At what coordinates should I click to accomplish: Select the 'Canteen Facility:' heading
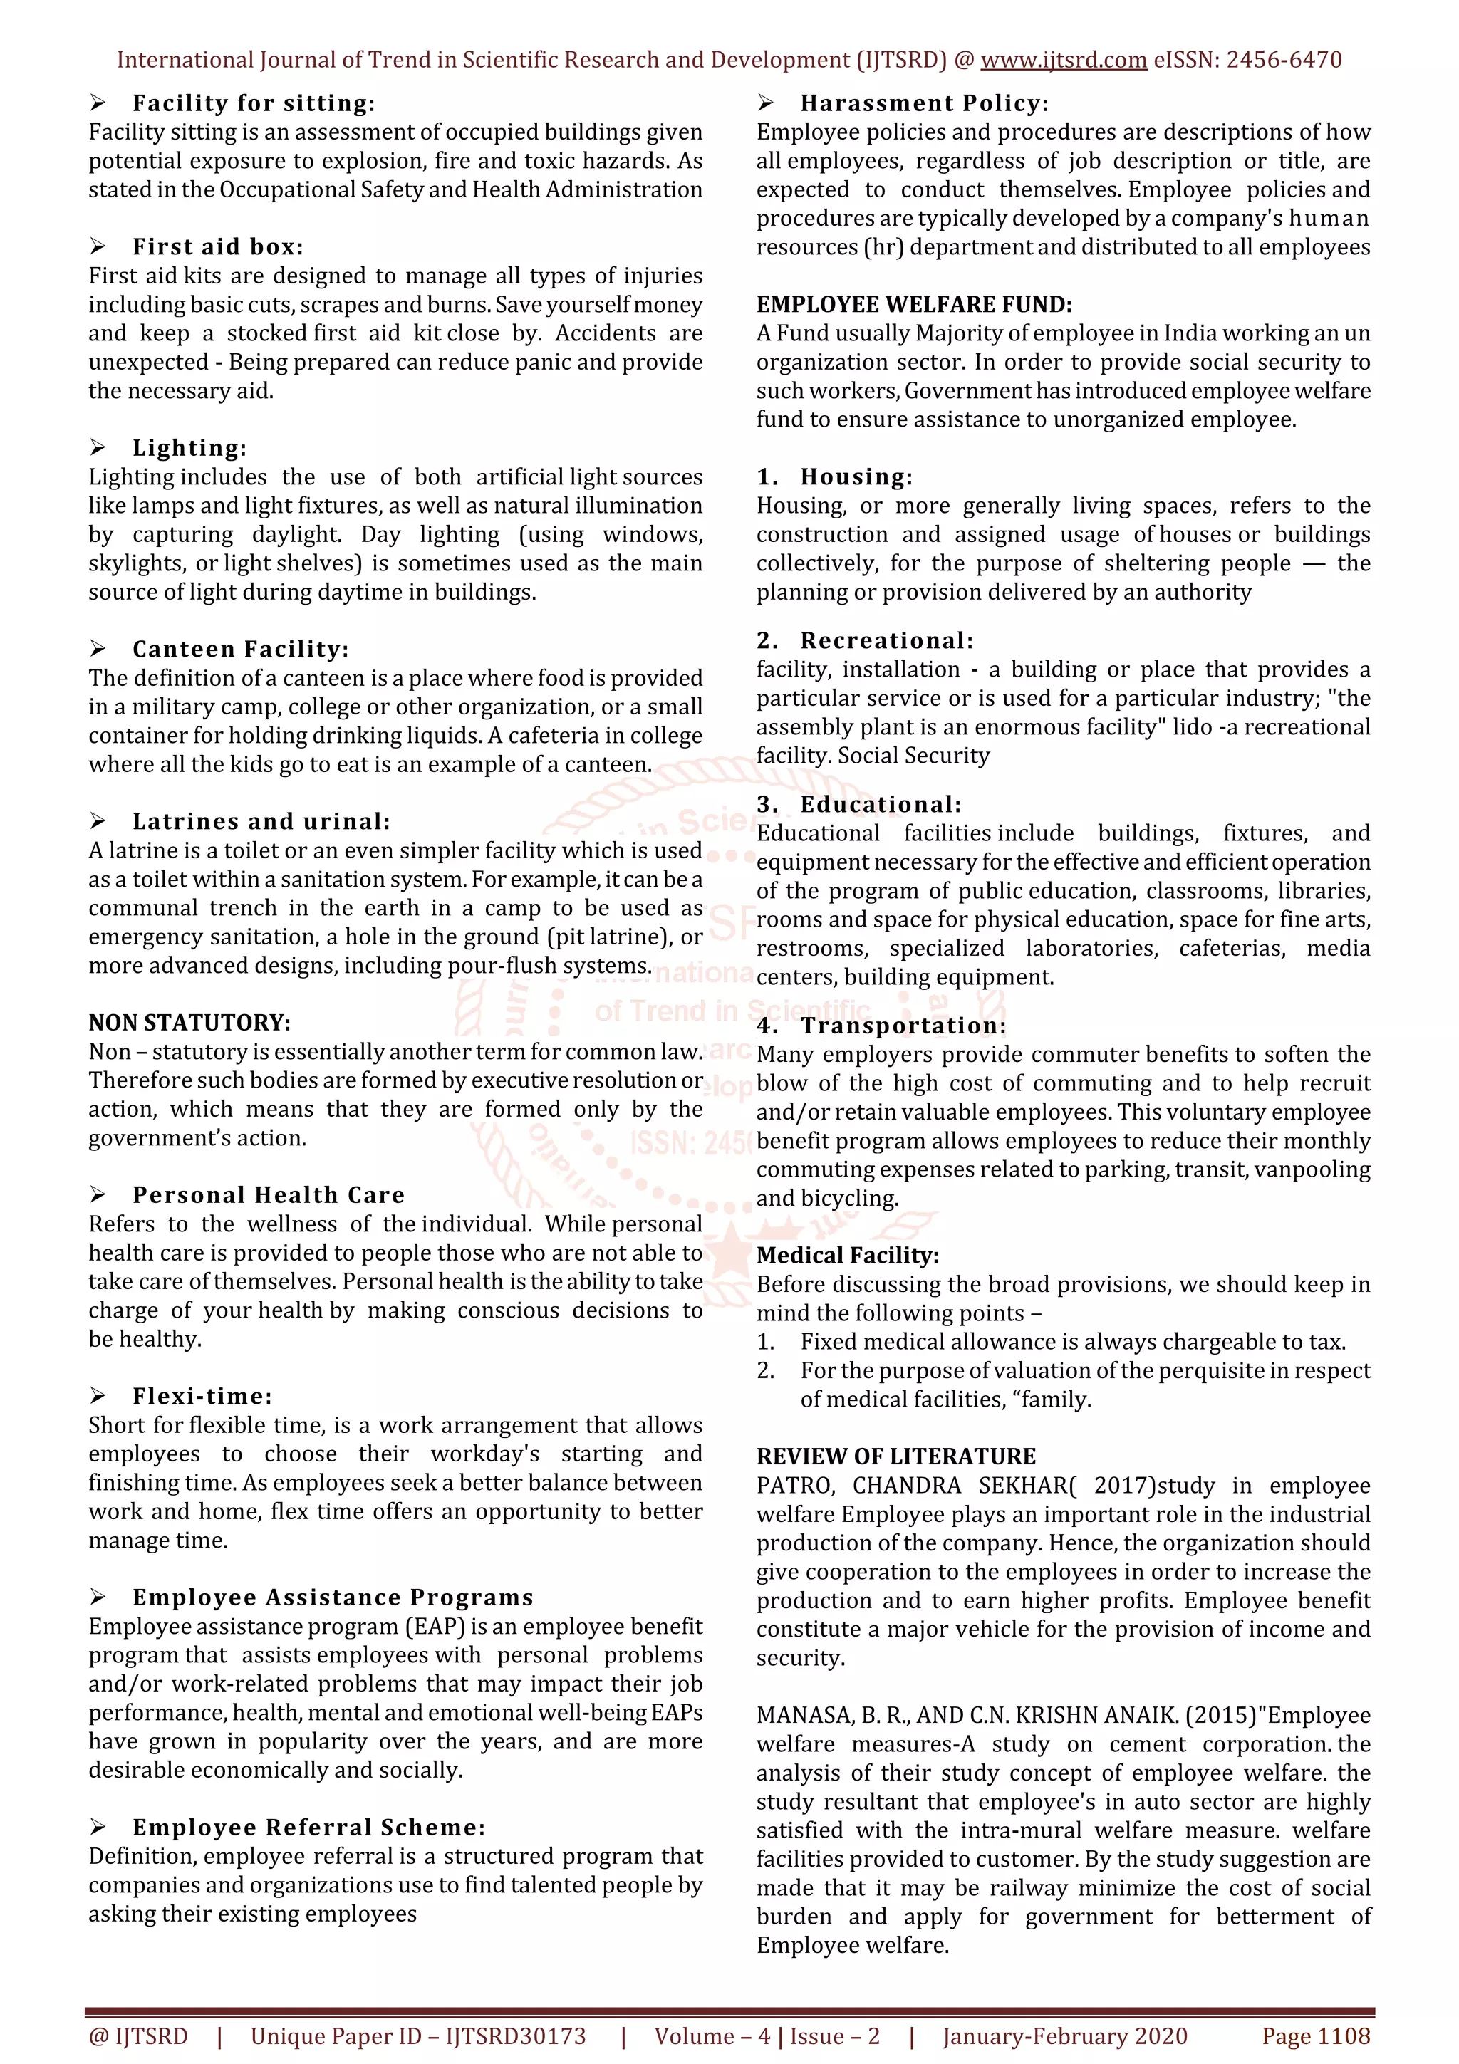point(240,649)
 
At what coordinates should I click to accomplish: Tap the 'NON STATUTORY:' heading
point(189,1023)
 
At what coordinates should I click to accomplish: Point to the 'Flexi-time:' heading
point(202,1396)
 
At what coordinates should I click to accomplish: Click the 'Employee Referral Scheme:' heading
point(308,1828)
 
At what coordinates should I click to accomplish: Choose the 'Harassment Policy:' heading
point(924,103)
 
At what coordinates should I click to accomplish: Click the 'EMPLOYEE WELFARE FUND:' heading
point(913,305)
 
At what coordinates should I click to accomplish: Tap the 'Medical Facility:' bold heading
point(848,1256)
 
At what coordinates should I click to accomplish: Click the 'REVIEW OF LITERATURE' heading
point(895,1456)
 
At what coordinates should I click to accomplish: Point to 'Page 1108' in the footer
point(1315,2036)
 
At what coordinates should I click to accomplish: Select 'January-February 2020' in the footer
point(1064,2036)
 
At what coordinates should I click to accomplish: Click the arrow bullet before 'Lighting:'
point(98,448)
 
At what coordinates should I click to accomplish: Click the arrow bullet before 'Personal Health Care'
point(98,1194)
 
